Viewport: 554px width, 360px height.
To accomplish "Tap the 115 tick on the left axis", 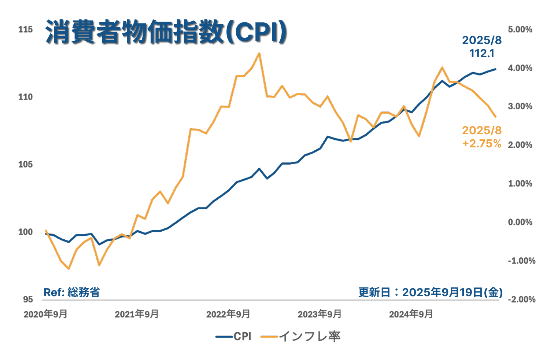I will [26, 29].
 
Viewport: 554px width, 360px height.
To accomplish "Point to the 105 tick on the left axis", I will [26, 164].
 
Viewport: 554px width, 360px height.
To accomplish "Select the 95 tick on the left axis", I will [28, 300].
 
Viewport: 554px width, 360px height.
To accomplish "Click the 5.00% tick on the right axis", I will [520, 29].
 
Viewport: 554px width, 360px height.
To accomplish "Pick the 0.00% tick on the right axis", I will [520, 222].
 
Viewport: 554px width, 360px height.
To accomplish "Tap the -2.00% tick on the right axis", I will [521, 300].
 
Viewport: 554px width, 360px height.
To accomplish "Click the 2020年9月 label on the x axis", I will [45, 314].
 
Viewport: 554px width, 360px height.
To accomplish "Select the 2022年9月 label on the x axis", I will [228, 314].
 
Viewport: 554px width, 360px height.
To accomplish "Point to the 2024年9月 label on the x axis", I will [411, 314].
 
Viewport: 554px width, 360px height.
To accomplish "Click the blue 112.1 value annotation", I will [482, 54].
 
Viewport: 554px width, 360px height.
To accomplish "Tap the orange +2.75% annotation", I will [482, 144].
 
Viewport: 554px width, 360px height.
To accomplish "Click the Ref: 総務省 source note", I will [72, 293].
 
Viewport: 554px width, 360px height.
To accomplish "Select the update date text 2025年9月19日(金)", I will [430, 293].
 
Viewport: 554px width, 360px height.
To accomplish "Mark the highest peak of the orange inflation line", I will [259, 53].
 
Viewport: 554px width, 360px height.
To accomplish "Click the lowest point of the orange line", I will [69, 269].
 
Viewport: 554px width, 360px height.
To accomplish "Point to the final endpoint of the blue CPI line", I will [496, 69].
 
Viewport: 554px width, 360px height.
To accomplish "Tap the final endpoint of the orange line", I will [496, 117].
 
